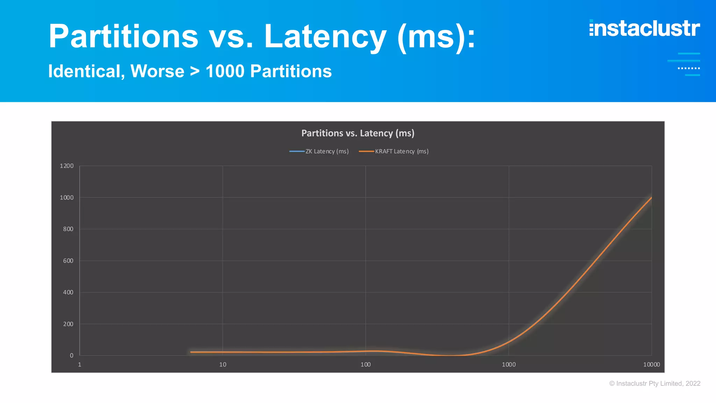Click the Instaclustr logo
click(644, 28)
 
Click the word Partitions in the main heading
click(123, 36)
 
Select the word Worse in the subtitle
click(157, 71)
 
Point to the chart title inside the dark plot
click(358, 133)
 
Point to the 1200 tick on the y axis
click(67, 166)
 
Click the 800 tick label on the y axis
click(68, 229)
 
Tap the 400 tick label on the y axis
click(68, 292)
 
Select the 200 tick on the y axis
click(68, 324)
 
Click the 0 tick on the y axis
click(72, 355)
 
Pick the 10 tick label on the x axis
click(223, 365)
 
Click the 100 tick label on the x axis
click(366, 365)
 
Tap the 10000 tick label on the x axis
click(651, 365)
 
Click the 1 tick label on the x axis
click(80, 365)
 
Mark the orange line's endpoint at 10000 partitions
click(651, 198)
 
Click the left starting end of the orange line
click(191, 352)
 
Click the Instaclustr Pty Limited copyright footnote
click(654, 383)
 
